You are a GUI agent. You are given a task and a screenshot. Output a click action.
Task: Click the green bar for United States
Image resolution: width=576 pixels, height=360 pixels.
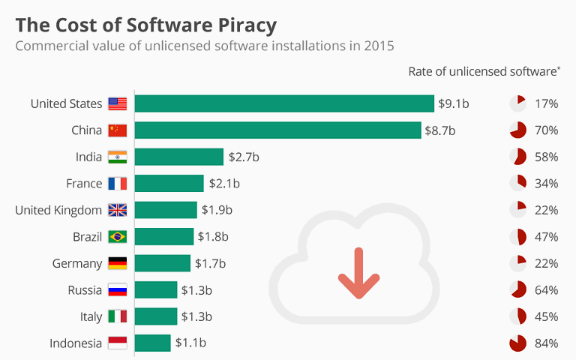click(x=284, y=103)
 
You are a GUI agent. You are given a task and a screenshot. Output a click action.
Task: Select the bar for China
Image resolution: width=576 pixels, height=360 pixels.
click(x=277, y=130)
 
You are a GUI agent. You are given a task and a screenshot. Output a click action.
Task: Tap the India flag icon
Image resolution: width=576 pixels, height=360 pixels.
click(x=118, y=157)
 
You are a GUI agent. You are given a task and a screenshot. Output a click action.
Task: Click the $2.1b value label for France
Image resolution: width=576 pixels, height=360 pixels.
click(x=223, y=184)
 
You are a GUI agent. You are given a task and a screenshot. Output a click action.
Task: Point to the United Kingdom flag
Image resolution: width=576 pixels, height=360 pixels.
click(x=118, y=210)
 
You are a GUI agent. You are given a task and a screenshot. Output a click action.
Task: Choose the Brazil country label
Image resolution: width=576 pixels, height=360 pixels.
click(x=87, y=237)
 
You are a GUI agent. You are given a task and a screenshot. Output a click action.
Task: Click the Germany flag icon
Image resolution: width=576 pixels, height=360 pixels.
click(x=118, y=263)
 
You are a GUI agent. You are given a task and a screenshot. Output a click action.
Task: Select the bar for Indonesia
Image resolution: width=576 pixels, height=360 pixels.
click(x=153, y=343)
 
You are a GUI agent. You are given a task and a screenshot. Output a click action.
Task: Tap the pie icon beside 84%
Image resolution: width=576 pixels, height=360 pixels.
click(x=517, y=343)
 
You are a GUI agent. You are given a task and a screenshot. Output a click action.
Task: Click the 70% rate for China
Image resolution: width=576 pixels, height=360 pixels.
click(x=547, y=130)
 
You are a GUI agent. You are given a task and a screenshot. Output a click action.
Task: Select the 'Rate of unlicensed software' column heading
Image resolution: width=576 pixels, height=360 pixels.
click(x=484, y=71)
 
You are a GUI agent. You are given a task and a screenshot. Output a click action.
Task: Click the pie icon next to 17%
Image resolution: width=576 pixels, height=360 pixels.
click(x=517, y=103)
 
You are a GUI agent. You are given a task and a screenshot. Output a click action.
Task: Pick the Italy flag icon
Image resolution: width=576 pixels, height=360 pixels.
click(x=118, y=316)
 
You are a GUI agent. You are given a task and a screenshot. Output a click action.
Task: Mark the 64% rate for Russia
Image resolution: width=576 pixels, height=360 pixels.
click(x=547, y=290)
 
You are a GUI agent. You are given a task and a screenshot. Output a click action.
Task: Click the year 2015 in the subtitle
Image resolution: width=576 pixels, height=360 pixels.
click(x=379, y=46)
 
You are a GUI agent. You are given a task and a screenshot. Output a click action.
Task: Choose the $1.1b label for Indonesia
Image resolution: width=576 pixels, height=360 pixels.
click(x=190, y=343)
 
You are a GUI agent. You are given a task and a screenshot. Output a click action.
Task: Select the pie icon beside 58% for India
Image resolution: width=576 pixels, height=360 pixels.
click(x=517, y=157)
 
